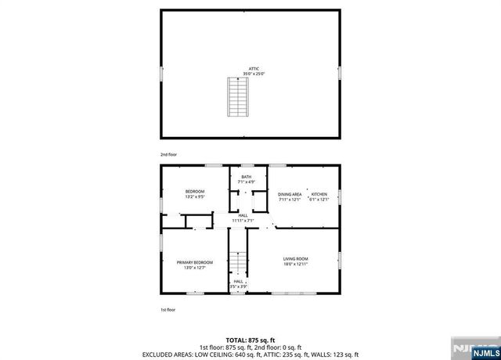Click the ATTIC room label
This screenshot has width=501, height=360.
pyautogui.click(x=254, y=69)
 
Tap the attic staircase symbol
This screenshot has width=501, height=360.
pyautogui.click(x=236, y=96)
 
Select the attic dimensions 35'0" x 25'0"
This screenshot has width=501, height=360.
pyautogui.click(x=254, y=74)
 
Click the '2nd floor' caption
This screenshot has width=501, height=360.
pyautogui.click(x=168, y=155)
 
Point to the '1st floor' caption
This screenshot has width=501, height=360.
pyautogui.click(x=168, y=311)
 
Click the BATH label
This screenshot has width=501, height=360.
pyautogui.click(x=247, y=178)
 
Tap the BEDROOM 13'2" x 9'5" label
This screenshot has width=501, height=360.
pyautogui.click(x=195, y=192)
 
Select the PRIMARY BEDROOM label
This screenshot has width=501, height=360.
pyautogui.click(x=195, y=262)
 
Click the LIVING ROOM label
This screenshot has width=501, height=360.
pyautogui.click(x=295, y=258)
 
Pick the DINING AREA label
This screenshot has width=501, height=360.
pyautogui.click(x=290, y=194)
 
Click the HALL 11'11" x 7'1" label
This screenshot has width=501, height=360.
pyautogui.click(x=243, y=215)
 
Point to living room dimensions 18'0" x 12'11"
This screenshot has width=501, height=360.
pyautogui.click(x=295, y=264)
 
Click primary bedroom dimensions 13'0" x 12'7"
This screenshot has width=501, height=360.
pyautogui.click(x=195, y=268)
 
